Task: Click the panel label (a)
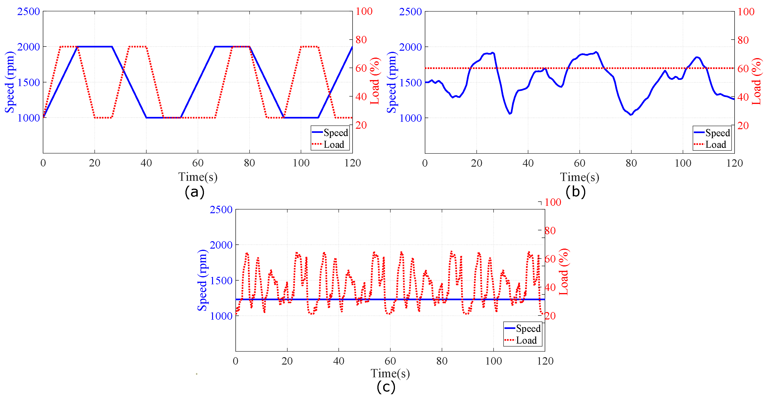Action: [x=195, y=192]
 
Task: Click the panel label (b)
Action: [x=575, y=192]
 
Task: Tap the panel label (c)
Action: [x=386, y=387]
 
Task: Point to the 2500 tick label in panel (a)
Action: [x=28, y=11]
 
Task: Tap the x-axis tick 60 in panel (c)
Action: [x=390, y=361]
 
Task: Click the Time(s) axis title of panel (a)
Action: [x=198, y=177]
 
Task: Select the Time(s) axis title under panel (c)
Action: [x=390, y=373]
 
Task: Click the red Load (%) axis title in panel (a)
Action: [x=375, y=81]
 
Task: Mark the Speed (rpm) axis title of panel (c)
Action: [x=202, y=280]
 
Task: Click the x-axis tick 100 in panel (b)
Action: [x=683, y=163]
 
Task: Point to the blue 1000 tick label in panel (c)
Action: [x=221, y=316]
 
